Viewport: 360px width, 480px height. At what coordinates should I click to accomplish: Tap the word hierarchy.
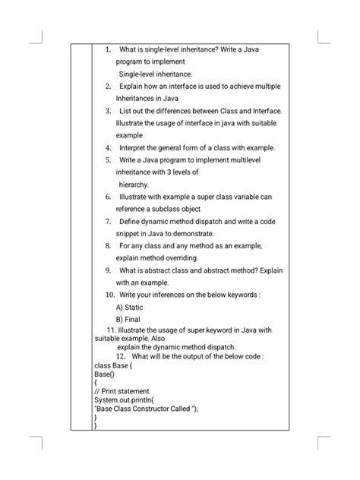tap(134, 184)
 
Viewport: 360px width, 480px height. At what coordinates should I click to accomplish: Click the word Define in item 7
tap(132, 221)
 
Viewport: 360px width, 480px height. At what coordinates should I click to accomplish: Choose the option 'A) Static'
tap(130, 307)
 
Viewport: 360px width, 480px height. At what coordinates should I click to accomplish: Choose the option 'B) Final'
tap(128, 319)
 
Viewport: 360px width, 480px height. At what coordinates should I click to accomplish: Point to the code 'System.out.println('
tap(123, 400)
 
